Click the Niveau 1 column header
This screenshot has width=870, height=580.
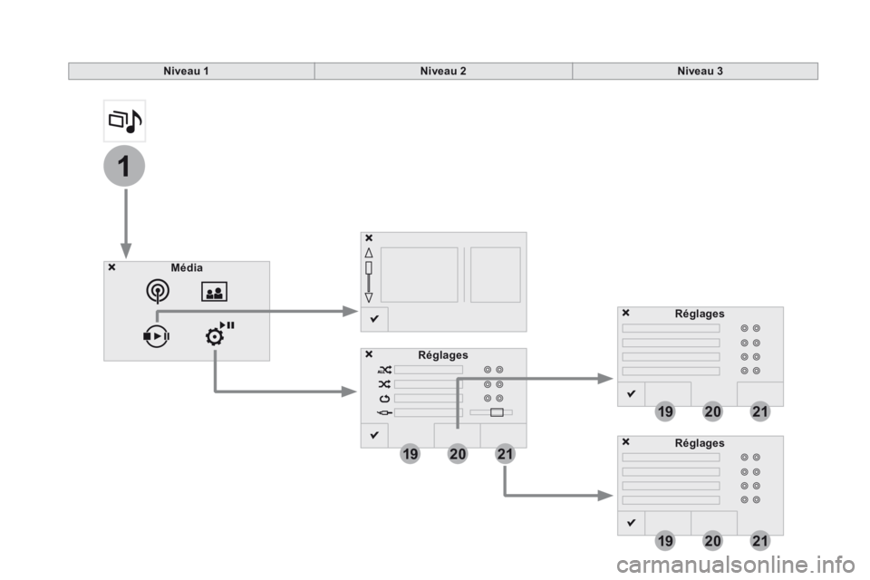(186, 71)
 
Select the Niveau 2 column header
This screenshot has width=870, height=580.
(443, 71)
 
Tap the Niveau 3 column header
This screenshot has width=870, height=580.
(700, 71)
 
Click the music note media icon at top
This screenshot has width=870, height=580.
(125, 121)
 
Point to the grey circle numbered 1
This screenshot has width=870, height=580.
(124, 166)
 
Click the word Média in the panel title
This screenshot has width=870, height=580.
(187, 267)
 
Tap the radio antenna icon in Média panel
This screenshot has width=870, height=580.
(158, 291)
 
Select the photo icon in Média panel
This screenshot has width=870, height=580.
(214, 292)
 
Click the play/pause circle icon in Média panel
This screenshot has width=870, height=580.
(156, 336)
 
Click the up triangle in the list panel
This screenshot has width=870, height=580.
(369, 253)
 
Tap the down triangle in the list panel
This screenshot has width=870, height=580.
(369, 297)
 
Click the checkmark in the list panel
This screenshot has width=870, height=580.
(374, 319)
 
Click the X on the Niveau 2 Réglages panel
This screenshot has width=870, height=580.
(369, 354)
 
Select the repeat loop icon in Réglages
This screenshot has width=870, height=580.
(384, 399)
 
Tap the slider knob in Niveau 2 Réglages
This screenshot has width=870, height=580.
(498, 412)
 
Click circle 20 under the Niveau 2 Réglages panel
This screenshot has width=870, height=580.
(457, 454)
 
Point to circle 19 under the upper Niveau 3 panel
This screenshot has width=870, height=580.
(665, 411)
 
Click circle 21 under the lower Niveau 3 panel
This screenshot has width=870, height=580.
(760, 541)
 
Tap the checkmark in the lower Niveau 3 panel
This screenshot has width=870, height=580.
(631, 523)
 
